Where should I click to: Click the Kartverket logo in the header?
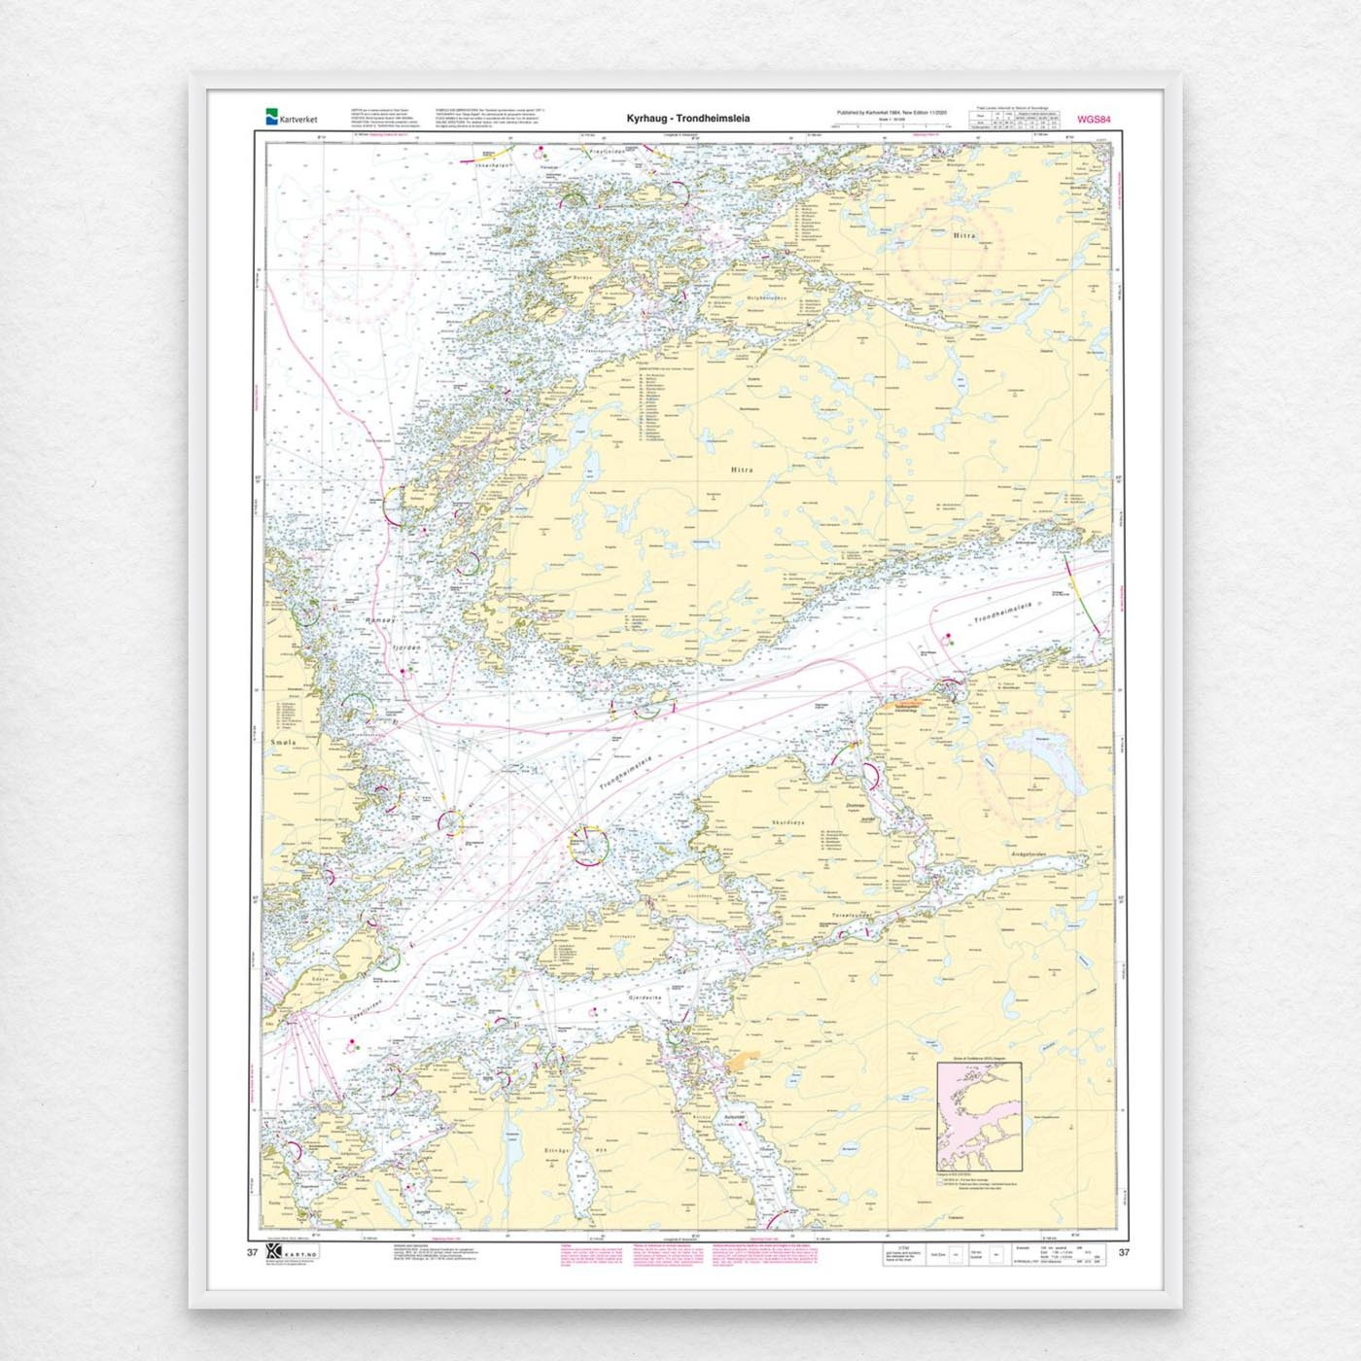pyautogui.click(x=291, y=119)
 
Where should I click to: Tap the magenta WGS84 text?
pyautogui.click(x=1094, y=120)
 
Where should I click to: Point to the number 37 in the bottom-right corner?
pyautogui.click(x=1124, y=1252)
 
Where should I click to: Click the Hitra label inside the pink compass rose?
pyautogui.click(x=964, y=235)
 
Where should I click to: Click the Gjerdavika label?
pyautogui.click(x=645, y=998)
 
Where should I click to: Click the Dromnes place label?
pyautogui.click(x=855, y=806)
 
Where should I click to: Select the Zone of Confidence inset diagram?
pyautogui.click(x=979, y=1116)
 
